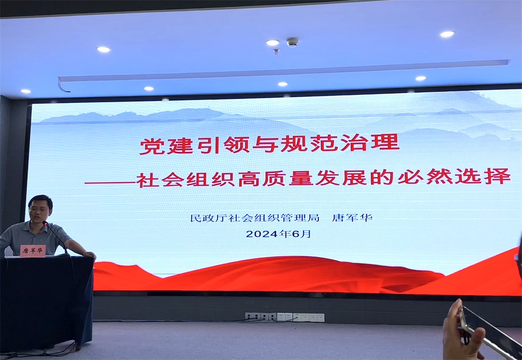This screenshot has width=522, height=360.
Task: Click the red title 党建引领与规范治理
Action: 269,144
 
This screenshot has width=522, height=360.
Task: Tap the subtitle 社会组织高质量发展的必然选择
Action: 323,177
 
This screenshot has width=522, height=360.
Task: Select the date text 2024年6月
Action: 279,233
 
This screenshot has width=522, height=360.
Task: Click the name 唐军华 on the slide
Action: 352,217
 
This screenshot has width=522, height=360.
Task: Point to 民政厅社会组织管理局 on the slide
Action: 255,218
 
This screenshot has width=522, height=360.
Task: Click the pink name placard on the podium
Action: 33,251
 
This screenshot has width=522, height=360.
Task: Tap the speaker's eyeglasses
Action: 39,210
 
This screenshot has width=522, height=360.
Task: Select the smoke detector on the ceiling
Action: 292,42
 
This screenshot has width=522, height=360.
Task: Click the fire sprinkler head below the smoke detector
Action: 276,52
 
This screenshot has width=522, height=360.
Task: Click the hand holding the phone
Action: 462,333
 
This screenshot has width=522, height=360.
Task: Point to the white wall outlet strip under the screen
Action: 284,317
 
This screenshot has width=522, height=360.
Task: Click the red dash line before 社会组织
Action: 110,182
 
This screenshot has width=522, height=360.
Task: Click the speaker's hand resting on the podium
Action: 89,255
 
